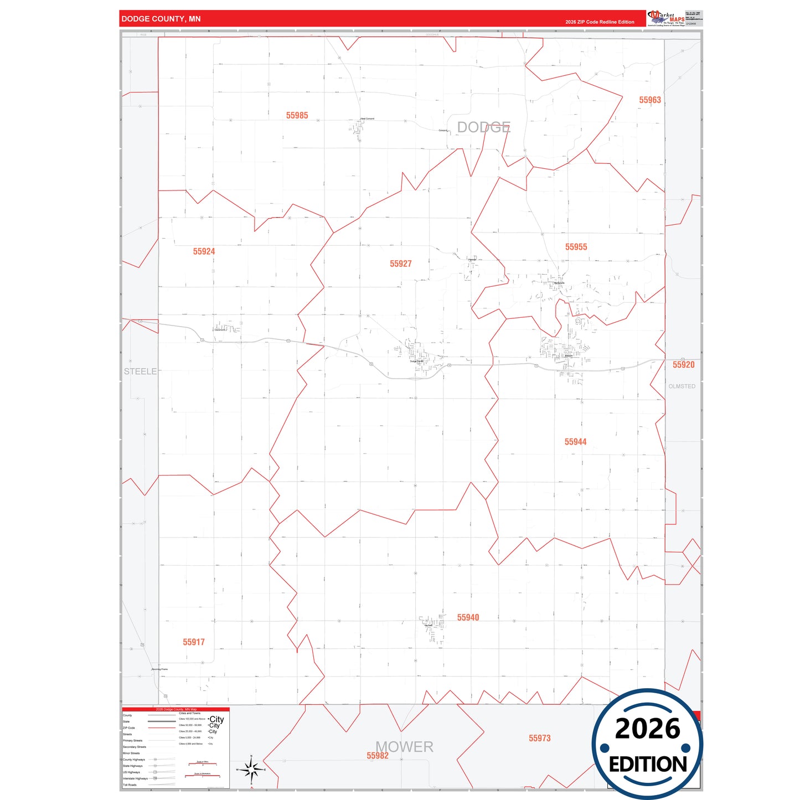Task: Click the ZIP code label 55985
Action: point(297,116)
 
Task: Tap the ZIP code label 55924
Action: point(204,251)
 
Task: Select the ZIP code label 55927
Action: point(400,264)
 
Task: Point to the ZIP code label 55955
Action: point(576,247)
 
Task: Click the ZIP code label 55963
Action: point(650,100)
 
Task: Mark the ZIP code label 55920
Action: point(683,365)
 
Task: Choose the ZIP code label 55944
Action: point(575,442)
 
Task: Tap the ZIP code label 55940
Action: point(468,617)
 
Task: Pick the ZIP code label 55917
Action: point(194,642)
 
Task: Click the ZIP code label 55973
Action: point(539,738)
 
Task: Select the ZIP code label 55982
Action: point(377,756)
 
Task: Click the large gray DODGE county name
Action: point(483,127)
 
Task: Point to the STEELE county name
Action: point(140,371)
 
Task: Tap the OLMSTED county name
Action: point(682,386)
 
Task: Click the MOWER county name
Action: point(405,746)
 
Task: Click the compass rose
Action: point(251,770)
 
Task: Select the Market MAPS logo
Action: point(666,18)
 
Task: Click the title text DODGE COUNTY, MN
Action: point(161,19)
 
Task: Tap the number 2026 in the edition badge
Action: point(647,729)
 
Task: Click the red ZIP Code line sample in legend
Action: point(162,728)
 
